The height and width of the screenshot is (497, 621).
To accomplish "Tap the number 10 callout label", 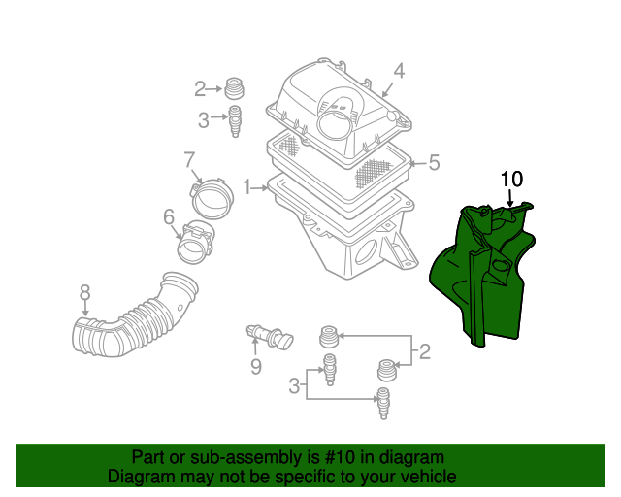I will coord(511,179).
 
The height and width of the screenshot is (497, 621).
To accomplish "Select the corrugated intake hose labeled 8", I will coord(131,318).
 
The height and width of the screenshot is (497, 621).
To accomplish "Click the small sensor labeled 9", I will coord(269,336).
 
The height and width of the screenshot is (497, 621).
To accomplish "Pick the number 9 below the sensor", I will coord(256,366).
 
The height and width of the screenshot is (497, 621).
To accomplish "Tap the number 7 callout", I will coord(189,158).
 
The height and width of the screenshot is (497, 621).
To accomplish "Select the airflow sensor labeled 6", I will coord(198,242).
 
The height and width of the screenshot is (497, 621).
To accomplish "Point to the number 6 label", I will coord(168,215).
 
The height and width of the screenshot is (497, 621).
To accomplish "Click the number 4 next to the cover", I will coord(398,70).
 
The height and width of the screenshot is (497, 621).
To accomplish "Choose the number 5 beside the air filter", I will coord(434,163).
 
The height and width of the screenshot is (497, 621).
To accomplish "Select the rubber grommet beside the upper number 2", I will coord(234,87).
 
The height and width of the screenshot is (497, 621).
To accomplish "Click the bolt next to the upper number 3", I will coord(234,121).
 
